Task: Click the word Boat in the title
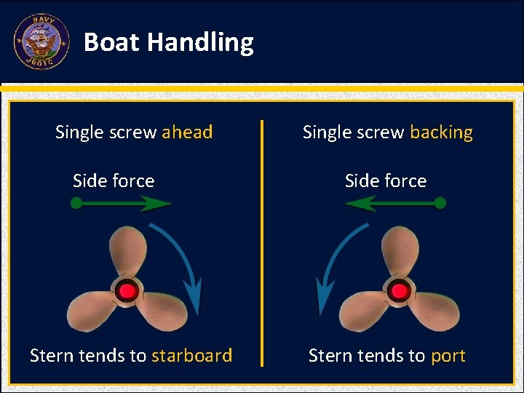point(111,42)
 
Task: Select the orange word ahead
point(187,132)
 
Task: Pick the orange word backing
point(441,132)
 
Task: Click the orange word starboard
point(191,355)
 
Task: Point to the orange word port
point(448,355)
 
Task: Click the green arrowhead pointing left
point(358,205)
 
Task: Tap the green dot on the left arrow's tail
point(76,205)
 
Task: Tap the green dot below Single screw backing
point(440,205)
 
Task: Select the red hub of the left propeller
point(128,292)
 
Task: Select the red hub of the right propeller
point(399,292)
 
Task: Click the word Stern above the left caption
point(52,355)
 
